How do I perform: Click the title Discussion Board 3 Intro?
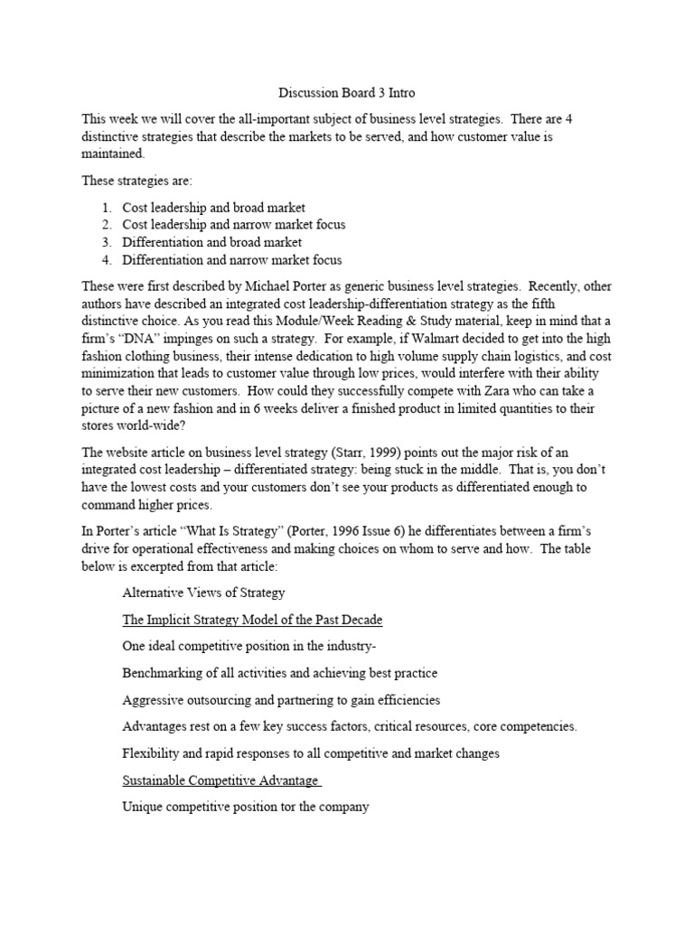pyautogui.click(x=346, y=92)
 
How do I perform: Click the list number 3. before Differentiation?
pyautogui.click(x=108, y=243)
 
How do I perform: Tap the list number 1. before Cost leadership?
pyautogui.click(x=108, y=208)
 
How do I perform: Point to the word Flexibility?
pyautogui.click(x=152, y=753)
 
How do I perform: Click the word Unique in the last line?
pyautogui.click(x=143, y=807)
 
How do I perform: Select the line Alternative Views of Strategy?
pyautogui.click(x=203, y=593)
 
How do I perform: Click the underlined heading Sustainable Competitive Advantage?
pyautogui.click(x=220, y=780)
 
